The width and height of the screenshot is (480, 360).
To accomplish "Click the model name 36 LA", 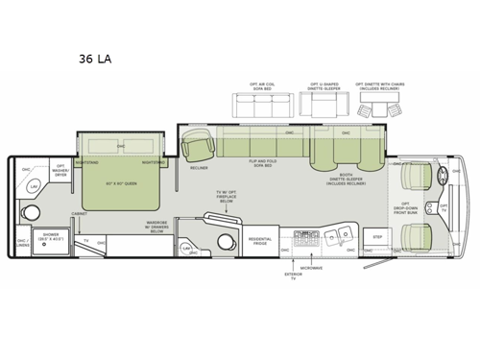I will [95, 59].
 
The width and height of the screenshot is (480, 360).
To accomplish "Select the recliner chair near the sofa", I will [200, 147].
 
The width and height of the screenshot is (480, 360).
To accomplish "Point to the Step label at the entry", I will [376, 235].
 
